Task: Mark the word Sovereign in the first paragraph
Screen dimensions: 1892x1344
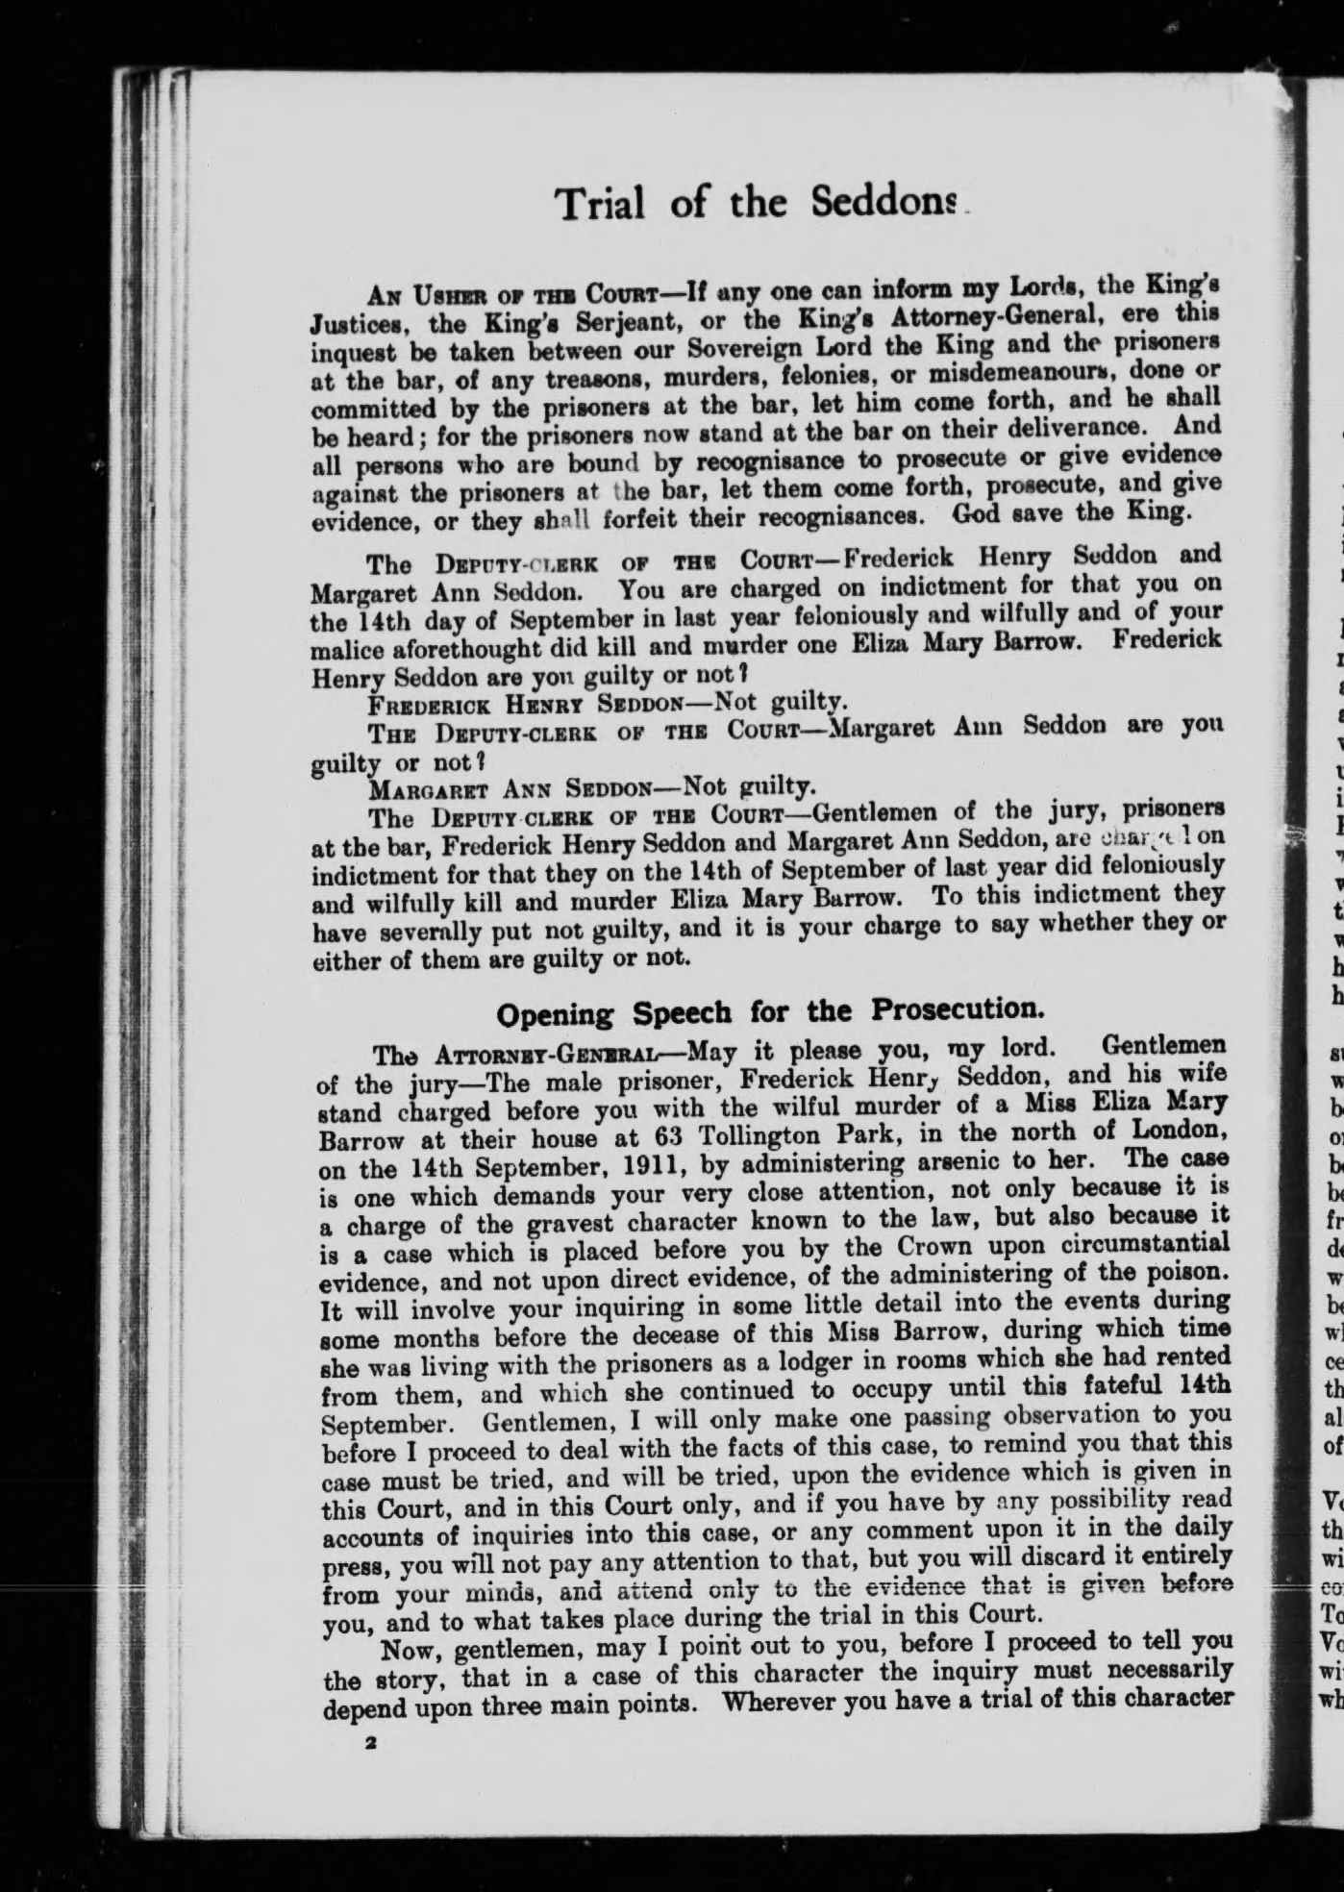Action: [673, 344]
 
